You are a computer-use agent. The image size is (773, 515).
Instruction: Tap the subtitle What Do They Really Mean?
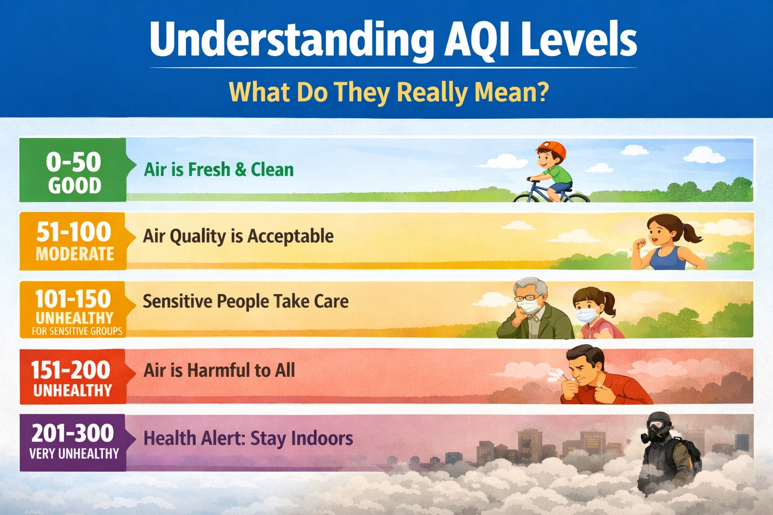[389, 92]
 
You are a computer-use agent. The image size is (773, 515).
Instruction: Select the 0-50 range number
[73, 162]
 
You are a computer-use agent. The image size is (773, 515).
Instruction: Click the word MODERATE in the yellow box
[75, 254]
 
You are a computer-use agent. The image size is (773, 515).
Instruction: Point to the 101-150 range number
[73, 299]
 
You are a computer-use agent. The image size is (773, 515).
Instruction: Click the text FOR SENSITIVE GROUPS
[77, 331]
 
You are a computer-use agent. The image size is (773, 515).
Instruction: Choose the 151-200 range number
[71, 370]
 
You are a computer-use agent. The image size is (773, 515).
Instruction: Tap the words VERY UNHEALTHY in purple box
[74, 454]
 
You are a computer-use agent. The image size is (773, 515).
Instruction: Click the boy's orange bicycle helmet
[552, 149]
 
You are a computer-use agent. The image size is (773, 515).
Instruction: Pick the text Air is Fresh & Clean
[219, 170]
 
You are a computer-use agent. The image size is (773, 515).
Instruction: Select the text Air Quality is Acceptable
[238, 236]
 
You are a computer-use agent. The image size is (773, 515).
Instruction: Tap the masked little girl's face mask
[587, 315]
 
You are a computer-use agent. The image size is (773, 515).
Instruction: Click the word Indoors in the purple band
[322, 438]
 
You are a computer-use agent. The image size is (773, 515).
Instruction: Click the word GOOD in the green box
[74, 186]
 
